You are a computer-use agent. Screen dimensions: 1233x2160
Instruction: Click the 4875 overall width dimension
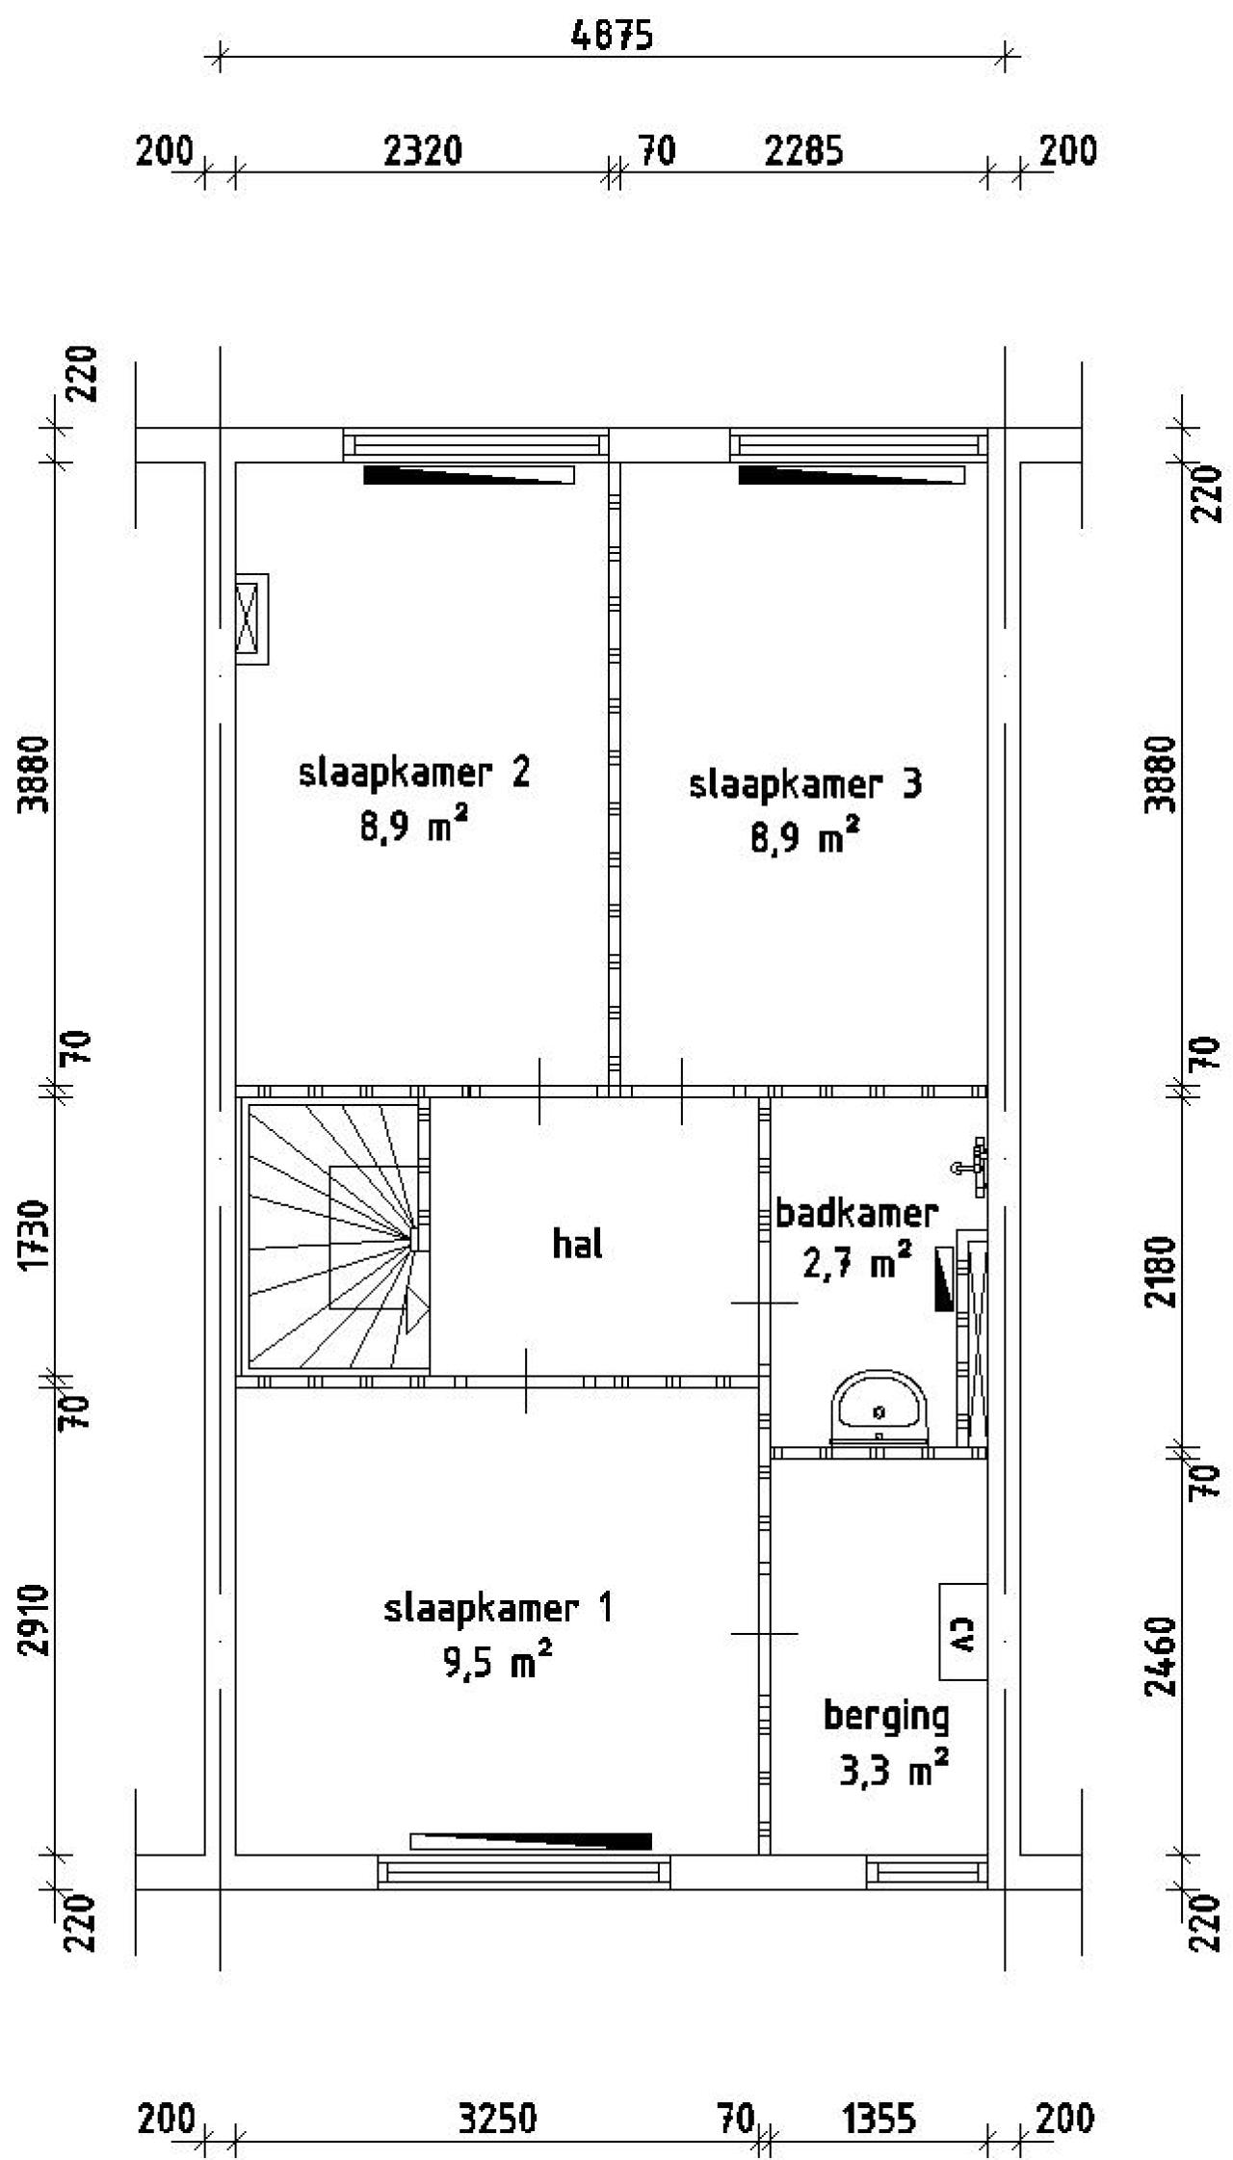[x=612, y=36]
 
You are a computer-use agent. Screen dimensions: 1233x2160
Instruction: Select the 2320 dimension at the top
[x=423, y=151]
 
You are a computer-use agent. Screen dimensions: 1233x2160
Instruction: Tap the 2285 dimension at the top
[x=804, y=151]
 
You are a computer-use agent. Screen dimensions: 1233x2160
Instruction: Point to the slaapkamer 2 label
[x=414, y=774]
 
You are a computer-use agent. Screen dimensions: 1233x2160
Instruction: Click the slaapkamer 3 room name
[x=805, y=784]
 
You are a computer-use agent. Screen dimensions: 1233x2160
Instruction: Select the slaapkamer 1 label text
[x=498, y=1608]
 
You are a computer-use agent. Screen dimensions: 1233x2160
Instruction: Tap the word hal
[x=577, y=1244]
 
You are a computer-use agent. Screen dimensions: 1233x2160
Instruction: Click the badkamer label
[x=856, y=1213]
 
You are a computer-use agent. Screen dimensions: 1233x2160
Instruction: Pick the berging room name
[x=886, y=1716]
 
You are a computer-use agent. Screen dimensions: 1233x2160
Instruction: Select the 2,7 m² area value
[x=857, y=1263]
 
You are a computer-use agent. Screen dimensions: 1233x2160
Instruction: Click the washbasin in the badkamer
[x=879, y=1409]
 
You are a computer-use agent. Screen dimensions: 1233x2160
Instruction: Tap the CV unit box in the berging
[x=963, y=1632]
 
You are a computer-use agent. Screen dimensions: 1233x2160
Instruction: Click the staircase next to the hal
[x=333, y=1236]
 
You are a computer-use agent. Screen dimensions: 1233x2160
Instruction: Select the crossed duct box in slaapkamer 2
[x=251, y=619]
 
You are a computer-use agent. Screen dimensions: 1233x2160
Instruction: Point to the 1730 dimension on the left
[x=37, y=1235]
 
